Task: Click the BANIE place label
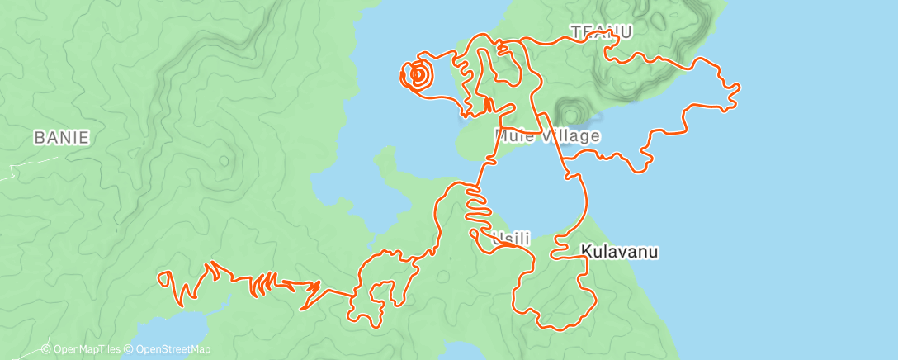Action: [61, 137]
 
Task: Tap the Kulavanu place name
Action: [620, 251]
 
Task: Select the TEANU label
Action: [601, 32]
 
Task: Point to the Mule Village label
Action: [547, 135]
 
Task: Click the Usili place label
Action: [509, 239]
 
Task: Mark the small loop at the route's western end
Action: [168, 281]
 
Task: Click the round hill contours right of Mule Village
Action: [570, 111]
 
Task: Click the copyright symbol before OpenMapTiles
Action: [46, 349]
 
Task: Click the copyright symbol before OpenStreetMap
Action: [130, 349]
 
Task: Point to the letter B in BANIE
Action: [39, 137]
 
